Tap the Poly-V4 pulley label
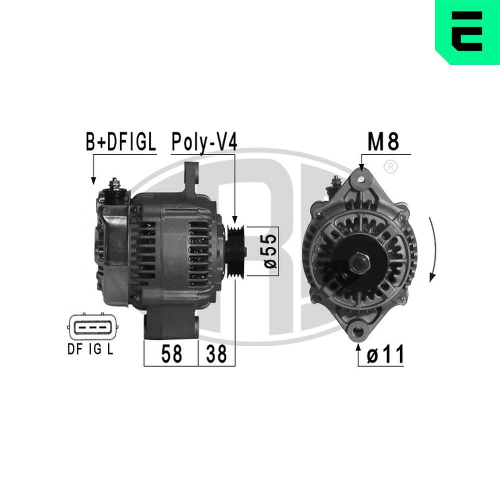click(x=203, y=141)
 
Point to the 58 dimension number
click(x=171, y=354)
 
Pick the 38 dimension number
click(x=216, y=354)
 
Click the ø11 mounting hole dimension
click(x=384, y=355)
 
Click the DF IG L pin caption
click(x=90, y=349)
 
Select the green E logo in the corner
click(x=467, y=31)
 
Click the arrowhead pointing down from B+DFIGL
click(x=93, y=180)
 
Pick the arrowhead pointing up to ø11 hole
click(x=358, y=346)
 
